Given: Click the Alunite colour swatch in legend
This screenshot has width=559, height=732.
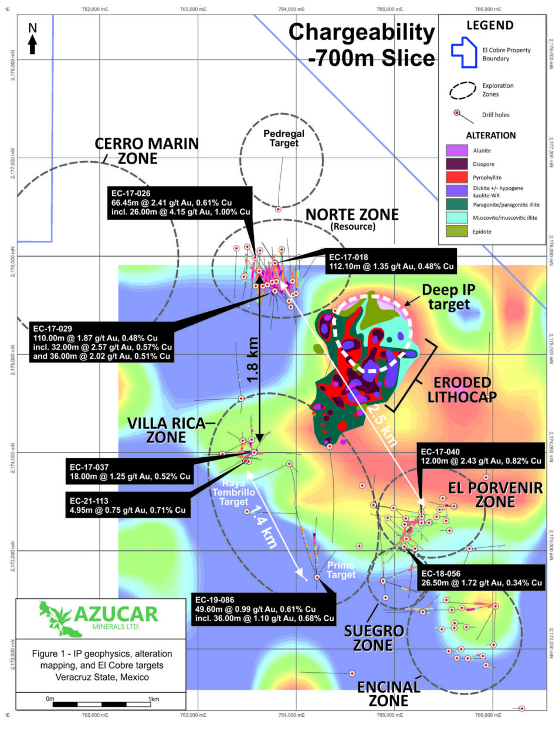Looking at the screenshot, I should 456,151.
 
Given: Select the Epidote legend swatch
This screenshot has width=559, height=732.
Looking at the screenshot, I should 456,231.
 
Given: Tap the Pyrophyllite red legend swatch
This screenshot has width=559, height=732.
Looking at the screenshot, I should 456,177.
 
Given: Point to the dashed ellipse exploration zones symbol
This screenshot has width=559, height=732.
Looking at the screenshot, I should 462,90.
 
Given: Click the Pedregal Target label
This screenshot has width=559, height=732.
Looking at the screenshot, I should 284,138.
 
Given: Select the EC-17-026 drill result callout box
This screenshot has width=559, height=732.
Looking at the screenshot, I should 180,203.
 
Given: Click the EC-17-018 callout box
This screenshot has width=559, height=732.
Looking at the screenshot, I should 391,261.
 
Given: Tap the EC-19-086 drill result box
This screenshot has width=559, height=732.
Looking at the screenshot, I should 264,610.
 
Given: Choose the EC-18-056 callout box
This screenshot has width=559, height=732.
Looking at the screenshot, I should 481,578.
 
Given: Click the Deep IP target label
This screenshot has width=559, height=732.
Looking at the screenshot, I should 449,297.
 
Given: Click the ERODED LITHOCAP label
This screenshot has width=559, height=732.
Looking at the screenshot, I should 462,390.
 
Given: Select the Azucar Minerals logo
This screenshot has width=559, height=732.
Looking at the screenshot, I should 100,617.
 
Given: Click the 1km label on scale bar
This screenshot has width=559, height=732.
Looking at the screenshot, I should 153,699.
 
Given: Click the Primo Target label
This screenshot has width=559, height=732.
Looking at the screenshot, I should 341,570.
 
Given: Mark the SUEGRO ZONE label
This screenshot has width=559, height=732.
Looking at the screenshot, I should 374,638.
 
